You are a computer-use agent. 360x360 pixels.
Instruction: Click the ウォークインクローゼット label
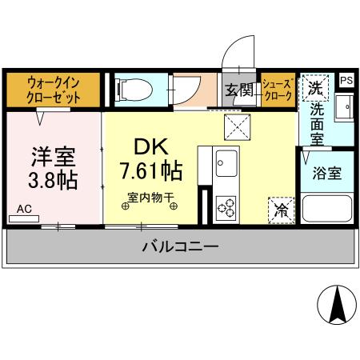coord(54,89)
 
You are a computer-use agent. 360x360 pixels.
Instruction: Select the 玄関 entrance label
coord(238,90)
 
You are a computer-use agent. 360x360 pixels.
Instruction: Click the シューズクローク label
coord(278,89)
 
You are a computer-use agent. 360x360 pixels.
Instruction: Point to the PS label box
coord(346,80)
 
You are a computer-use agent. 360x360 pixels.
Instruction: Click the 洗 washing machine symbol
coord(314,89)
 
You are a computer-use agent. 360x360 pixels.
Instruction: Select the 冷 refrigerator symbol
coord(282,210)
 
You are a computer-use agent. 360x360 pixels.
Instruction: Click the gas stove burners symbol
coord(226,206)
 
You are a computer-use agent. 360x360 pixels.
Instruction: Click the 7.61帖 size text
coord(150,170)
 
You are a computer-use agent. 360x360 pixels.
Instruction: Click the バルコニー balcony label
coord(180,247)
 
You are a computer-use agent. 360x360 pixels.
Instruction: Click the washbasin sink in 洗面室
coord(345,108)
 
